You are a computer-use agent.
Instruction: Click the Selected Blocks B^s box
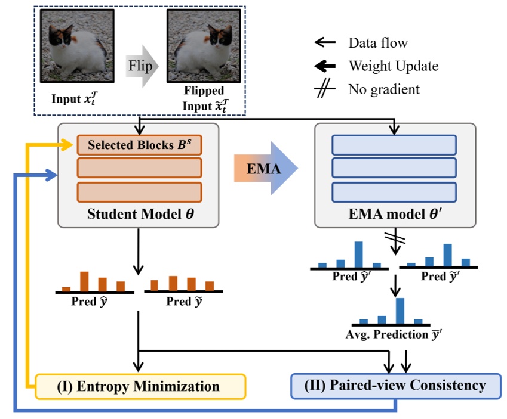pos(139,145)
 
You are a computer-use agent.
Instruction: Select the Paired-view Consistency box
pos(395,386)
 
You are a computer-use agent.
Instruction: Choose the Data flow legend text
pos(378,42)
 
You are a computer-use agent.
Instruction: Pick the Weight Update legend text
pos(393,66)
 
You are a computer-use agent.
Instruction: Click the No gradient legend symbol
pos(323,90)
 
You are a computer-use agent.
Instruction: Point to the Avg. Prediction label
pos(394,334)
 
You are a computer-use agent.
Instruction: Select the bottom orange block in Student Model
pos(139,192)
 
